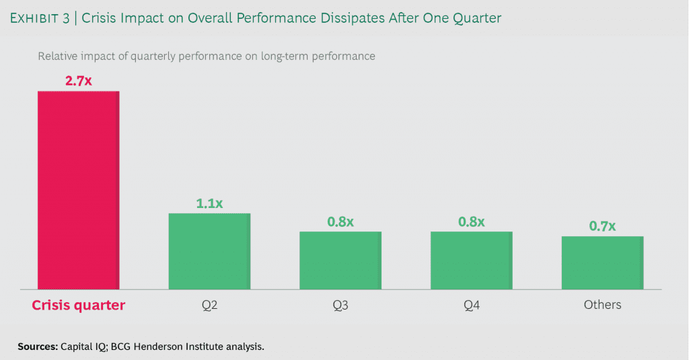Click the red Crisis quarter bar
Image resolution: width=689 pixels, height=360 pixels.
click(78, 190)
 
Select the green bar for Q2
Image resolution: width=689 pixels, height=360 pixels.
click(209, 251)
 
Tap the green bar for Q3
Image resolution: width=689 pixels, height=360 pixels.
click(340, 260)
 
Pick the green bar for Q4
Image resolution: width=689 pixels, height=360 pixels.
click(471, 260)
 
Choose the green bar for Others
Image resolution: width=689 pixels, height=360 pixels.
click(602, 262)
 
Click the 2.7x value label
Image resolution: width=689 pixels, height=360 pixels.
click(78, 81)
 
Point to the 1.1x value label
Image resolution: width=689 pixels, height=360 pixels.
click(209, 203)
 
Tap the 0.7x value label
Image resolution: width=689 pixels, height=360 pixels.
click(602, 226)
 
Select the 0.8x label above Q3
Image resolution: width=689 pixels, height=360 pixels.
click(340, 221)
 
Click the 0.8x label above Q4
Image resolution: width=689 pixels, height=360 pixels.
click(471, 221)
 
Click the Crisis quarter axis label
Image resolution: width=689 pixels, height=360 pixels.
click(78, 305)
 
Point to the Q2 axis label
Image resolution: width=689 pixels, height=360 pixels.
click(209, 305)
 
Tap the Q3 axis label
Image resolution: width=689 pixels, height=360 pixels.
click(340, 305)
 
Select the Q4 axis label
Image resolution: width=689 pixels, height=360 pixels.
click(471, 305)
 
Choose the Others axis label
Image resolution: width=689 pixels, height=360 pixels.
click(602, 305)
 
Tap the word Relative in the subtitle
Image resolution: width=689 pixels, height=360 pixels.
click(59, 57)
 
